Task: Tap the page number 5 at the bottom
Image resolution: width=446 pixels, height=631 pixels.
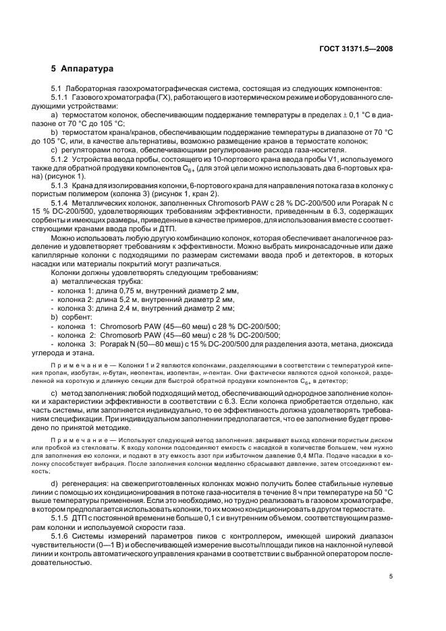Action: pyautogui.click(x=391, y=576)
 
